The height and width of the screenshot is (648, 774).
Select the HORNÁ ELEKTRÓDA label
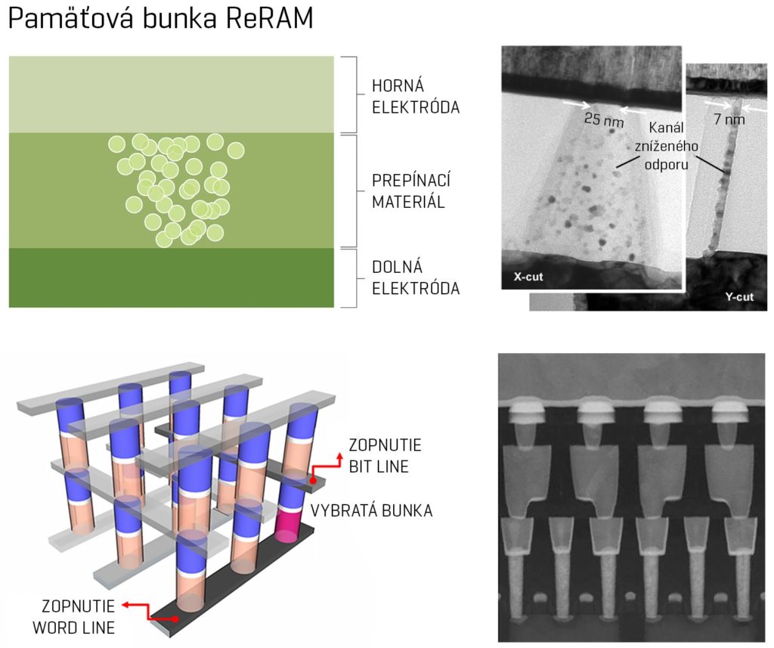pos(415,95)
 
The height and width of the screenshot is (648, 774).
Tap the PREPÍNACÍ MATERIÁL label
pos(408,191)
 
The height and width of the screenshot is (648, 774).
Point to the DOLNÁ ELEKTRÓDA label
pos(415,277)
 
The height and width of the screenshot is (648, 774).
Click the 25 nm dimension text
pos(604,119)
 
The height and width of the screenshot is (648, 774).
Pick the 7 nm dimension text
pos(729,119)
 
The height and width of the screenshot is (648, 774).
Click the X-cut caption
pos(529,277)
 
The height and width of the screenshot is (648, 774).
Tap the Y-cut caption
pos(738,296)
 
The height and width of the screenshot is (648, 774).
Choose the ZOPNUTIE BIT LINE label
pos(378,456)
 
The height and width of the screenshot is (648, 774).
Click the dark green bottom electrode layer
pos(171,277)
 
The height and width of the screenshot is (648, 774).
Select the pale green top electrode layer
pos(171,94)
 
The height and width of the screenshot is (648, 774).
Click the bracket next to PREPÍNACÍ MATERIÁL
pos(351,191)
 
